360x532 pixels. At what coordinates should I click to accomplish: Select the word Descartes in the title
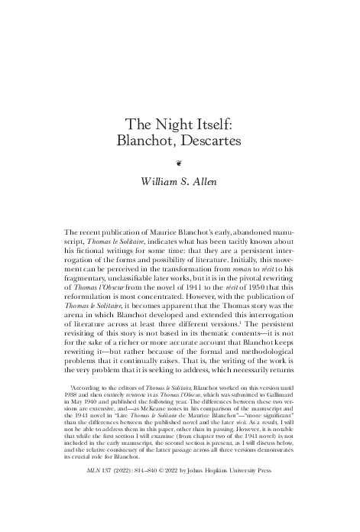[211, 141]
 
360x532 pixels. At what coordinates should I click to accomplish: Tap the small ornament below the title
[179, 163]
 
